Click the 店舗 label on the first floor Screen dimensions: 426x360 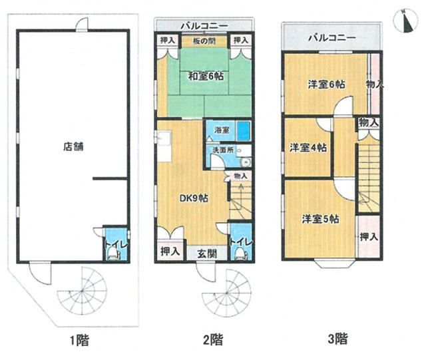73,146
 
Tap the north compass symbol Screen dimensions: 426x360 406,21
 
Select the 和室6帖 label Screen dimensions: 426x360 206,76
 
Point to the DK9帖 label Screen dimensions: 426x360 194,198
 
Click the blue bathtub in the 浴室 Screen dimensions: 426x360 244,131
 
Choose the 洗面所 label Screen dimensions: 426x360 223,150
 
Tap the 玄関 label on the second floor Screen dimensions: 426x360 207,254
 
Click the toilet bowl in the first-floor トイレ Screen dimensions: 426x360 114,255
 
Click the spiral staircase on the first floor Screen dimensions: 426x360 82,292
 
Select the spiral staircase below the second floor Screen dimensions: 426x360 227,293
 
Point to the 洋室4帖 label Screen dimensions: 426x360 308,148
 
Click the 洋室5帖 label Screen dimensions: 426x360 320,219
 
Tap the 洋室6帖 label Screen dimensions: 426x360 327,85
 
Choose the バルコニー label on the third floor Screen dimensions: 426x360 332,37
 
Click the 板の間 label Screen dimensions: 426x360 204,41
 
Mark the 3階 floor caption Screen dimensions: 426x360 337,339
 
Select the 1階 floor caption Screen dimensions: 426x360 79,340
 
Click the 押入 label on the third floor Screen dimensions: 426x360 369,237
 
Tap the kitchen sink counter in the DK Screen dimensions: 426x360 164,146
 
